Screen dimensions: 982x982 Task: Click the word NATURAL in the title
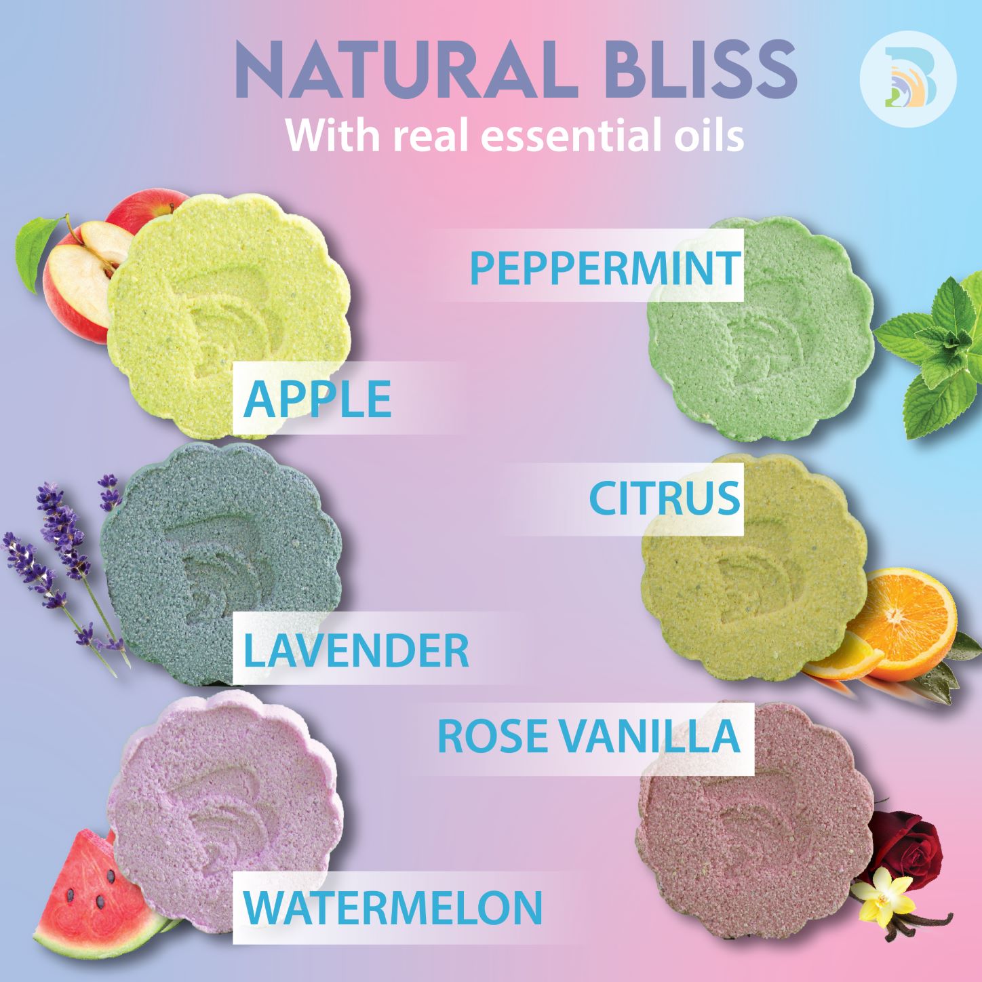click(407, 71)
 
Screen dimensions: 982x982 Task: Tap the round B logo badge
click(908, 79)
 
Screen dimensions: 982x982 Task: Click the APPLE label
click(317, 399)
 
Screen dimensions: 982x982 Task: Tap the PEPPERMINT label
click(606, 267)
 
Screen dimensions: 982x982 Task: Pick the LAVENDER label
click(355, 650)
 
